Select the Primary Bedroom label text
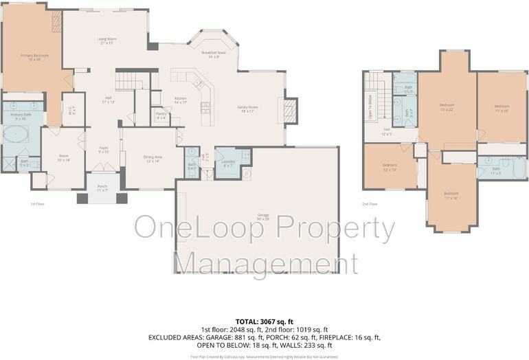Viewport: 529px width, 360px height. coord(30,57)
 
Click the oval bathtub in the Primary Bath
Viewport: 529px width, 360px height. coord(14,133)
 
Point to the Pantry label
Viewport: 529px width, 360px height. coord(161,115)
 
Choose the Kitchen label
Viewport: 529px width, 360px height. coord(181,100)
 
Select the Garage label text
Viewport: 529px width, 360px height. coord(263,216)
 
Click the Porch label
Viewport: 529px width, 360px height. coord(102,188)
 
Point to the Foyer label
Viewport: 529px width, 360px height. coord(103,149)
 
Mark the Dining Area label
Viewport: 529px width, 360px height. coord(153,159)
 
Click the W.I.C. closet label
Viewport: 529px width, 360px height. coord(71,109)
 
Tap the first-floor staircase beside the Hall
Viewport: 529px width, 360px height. coord(127,82)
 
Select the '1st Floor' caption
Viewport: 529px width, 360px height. coord(38,204)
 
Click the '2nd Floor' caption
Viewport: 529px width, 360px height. coord(370,204)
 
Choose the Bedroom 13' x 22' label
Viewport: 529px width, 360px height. coord(447,107)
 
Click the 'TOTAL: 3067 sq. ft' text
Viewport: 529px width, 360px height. coord(264,322)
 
